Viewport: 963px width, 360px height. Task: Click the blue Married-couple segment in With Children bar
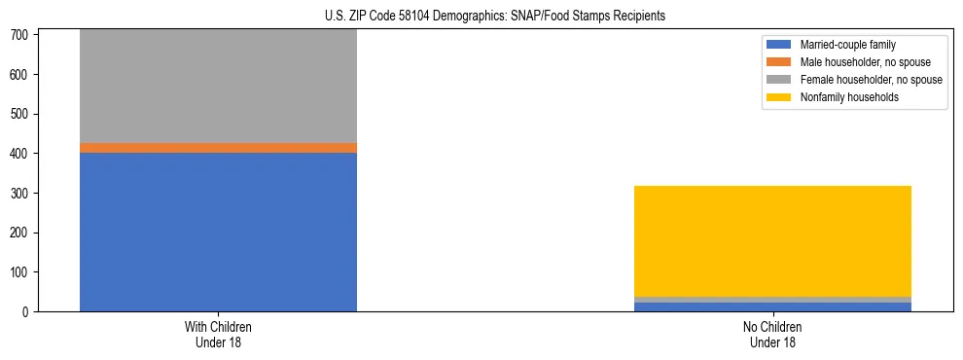[x=218, y=232]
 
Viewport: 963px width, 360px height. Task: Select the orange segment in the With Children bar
[x=218, y=148]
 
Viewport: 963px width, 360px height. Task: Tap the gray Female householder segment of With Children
[x=218, y=86]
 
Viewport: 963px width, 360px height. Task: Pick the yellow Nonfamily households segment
[x=772, y=240]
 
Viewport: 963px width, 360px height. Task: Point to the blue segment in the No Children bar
[x=772, y=306]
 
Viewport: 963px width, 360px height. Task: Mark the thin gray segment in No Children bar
[x=772, y=299]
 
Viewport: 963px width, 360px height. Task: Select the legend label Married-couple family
[x=848, y=45]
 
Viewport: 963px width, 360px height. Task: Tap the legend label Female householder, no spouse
[x=871, y=80]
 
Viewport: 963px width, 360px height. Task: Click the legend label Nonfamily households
[x=849, y=97]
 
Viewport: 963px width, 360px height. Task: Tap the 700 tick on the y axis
[x=20, y=35]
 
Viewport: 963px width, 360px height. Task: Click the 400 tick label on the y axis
[x=20, y=154]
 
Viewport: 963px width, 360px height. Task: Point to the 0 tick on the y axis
[x=26, y=311]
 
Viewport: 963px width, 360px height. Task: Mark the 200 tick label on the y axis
[x=20, y=233]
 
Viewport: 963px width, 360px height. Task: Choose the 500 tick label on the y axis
[x=20, y=114]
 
